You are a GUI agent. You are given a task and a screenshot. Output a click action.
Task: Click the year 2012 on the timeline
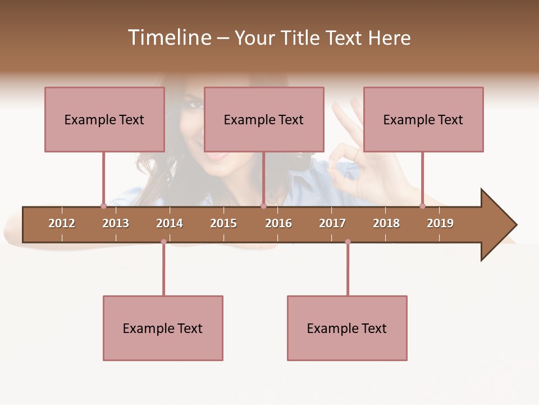62,223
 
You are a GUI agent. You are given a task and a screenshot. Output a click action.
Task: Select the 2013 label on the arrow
116,223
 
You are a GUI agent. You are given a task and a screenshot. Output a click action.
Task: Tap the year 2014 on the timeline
170,223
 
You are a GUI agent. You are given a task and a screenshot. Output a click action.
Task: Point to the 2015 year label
223,223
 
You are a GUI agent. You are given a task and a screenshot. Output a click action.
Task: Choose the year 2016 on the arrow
278,223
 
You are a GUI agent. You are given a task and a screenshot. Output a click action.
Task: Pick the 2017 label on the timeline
332,223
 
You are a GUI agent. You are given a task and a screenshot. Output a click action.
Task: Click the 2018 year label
386,223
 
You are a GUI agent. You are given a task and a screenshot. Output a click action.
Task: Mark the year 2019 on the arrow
440,223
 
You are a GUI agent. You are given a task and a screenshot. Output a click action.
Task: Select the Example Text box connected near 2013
104,119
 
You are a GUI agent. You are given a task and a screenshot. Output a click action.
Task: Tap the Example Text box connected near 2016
264,119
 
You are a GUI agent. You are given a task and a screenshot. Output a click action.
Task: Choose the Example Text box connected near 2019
423,119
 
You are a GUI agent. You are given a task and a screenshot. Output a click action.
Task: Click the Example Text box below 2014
163,328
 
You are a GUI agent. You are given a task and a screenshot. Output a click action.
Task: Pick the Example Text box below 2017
347,328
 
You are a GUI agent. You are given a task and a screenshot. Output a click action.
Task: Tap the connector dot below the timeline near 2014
163,242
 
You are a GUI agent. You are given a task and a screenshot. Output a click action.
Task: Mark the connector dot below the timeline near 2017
348,242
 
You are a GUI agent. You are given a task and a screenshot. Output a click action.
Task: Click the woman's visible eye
195,105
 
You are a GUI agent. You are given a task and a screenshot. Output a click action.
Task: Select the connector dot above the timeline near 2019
423,206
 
